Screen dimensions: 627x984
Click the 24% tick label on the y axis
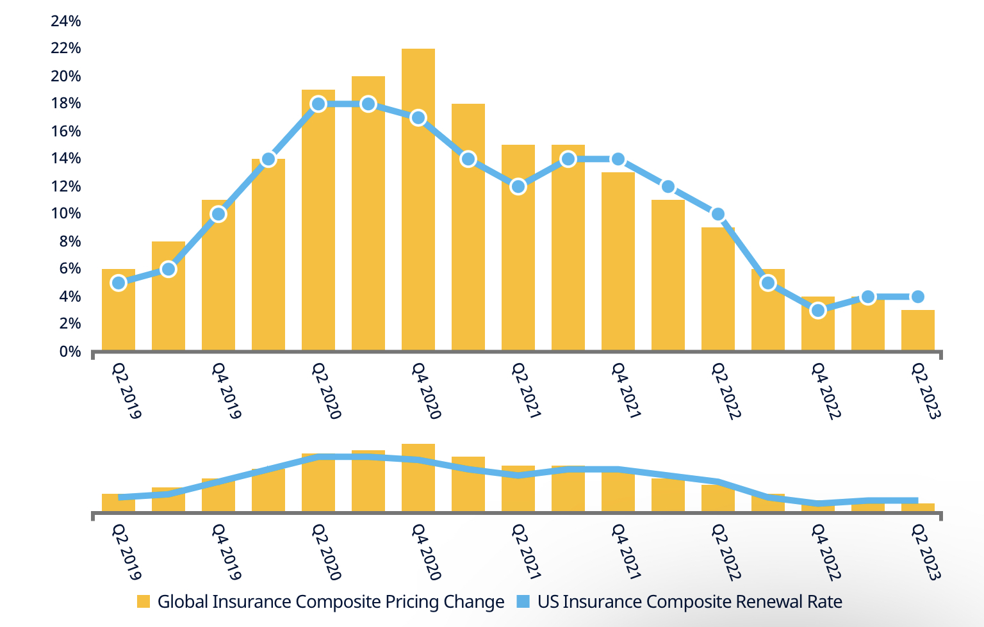tap(66, 21)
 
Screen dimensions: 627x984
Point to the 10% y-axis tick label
tap(66, 213)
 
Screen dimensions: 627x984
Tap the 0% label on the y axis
tap(70, 351)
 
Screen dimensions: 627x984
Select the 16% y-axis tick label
tap(66, 131)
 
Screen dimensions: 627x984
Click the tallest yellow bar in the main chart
tap(418, 199)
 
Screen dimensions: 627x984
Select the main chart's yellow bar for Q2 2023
tap(917, 330)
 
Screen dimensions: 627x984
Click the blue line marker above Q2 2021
tap(518, 186)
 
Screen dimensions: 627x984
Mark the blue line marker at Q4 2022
tap(817, 311)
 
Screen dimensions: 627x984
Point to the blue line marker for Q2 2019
tap(119, 283)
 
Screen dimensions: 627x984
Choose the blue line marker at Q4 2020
tap(418, 118)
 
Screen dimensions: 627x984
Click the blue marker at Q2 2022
tap(718, 214)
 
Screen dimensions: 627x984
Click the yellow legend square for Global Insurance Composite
tap(143, 602)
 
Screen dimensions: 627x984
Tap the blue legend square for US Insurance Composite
tap(523, 602)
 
